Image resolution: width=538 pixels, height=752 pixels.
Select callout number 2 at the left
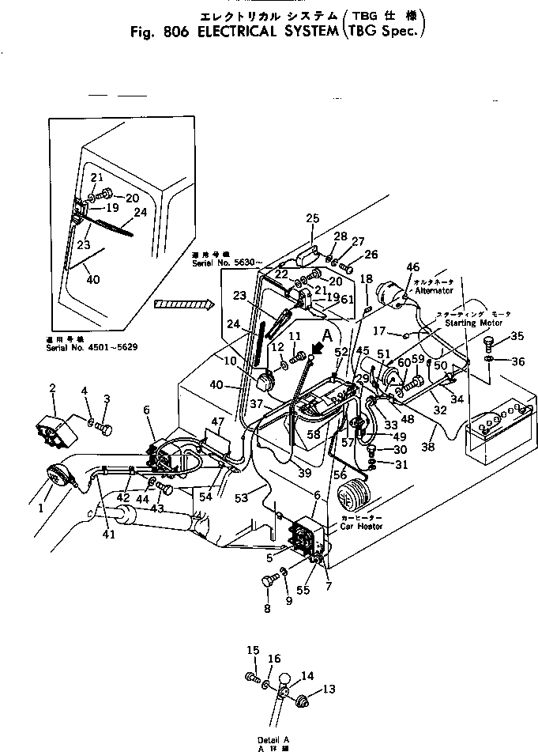pos(53,387)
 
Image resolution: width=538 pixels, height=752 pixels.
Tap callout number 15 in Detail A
pos(252,650)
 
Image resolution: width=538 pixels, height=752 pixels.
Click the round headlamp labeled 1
pos(57,479)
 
